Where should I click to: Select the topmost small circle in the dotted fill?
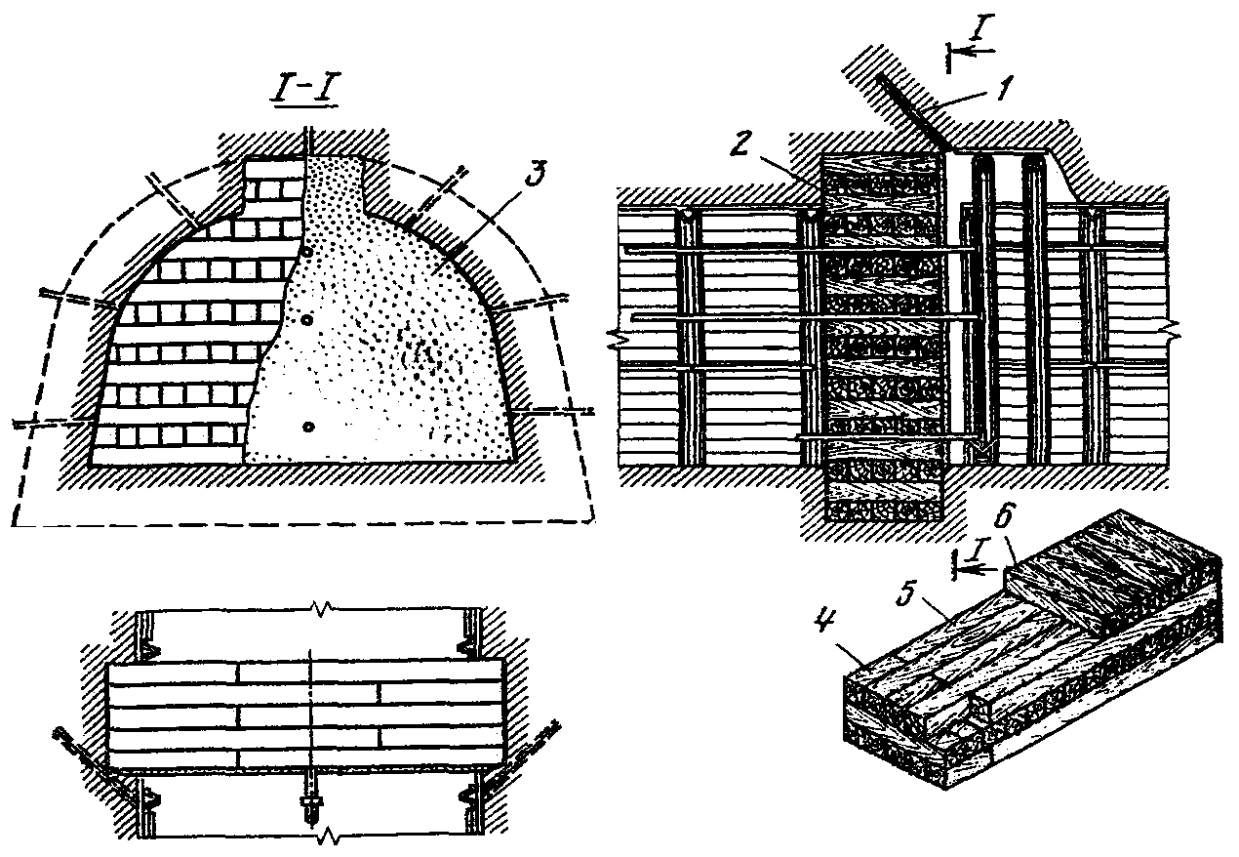tap(308, 252)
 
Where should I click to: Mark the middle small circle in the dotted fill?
tap(308, 319)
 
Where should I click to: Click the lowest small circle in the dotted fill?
tap(308, 426)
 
